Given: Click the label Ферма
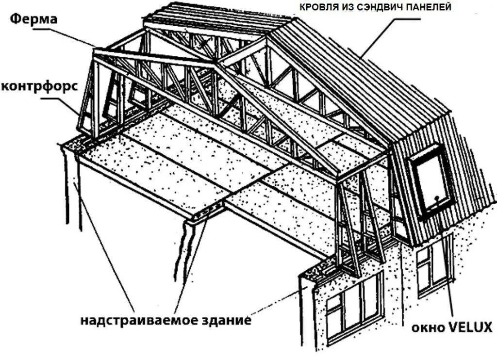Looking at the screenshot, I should coord(33,20).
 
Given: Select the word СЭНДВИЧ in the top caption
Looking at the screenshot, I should coord(381,7).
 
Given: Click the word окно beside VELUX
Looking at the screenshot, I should coord(428,327).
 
